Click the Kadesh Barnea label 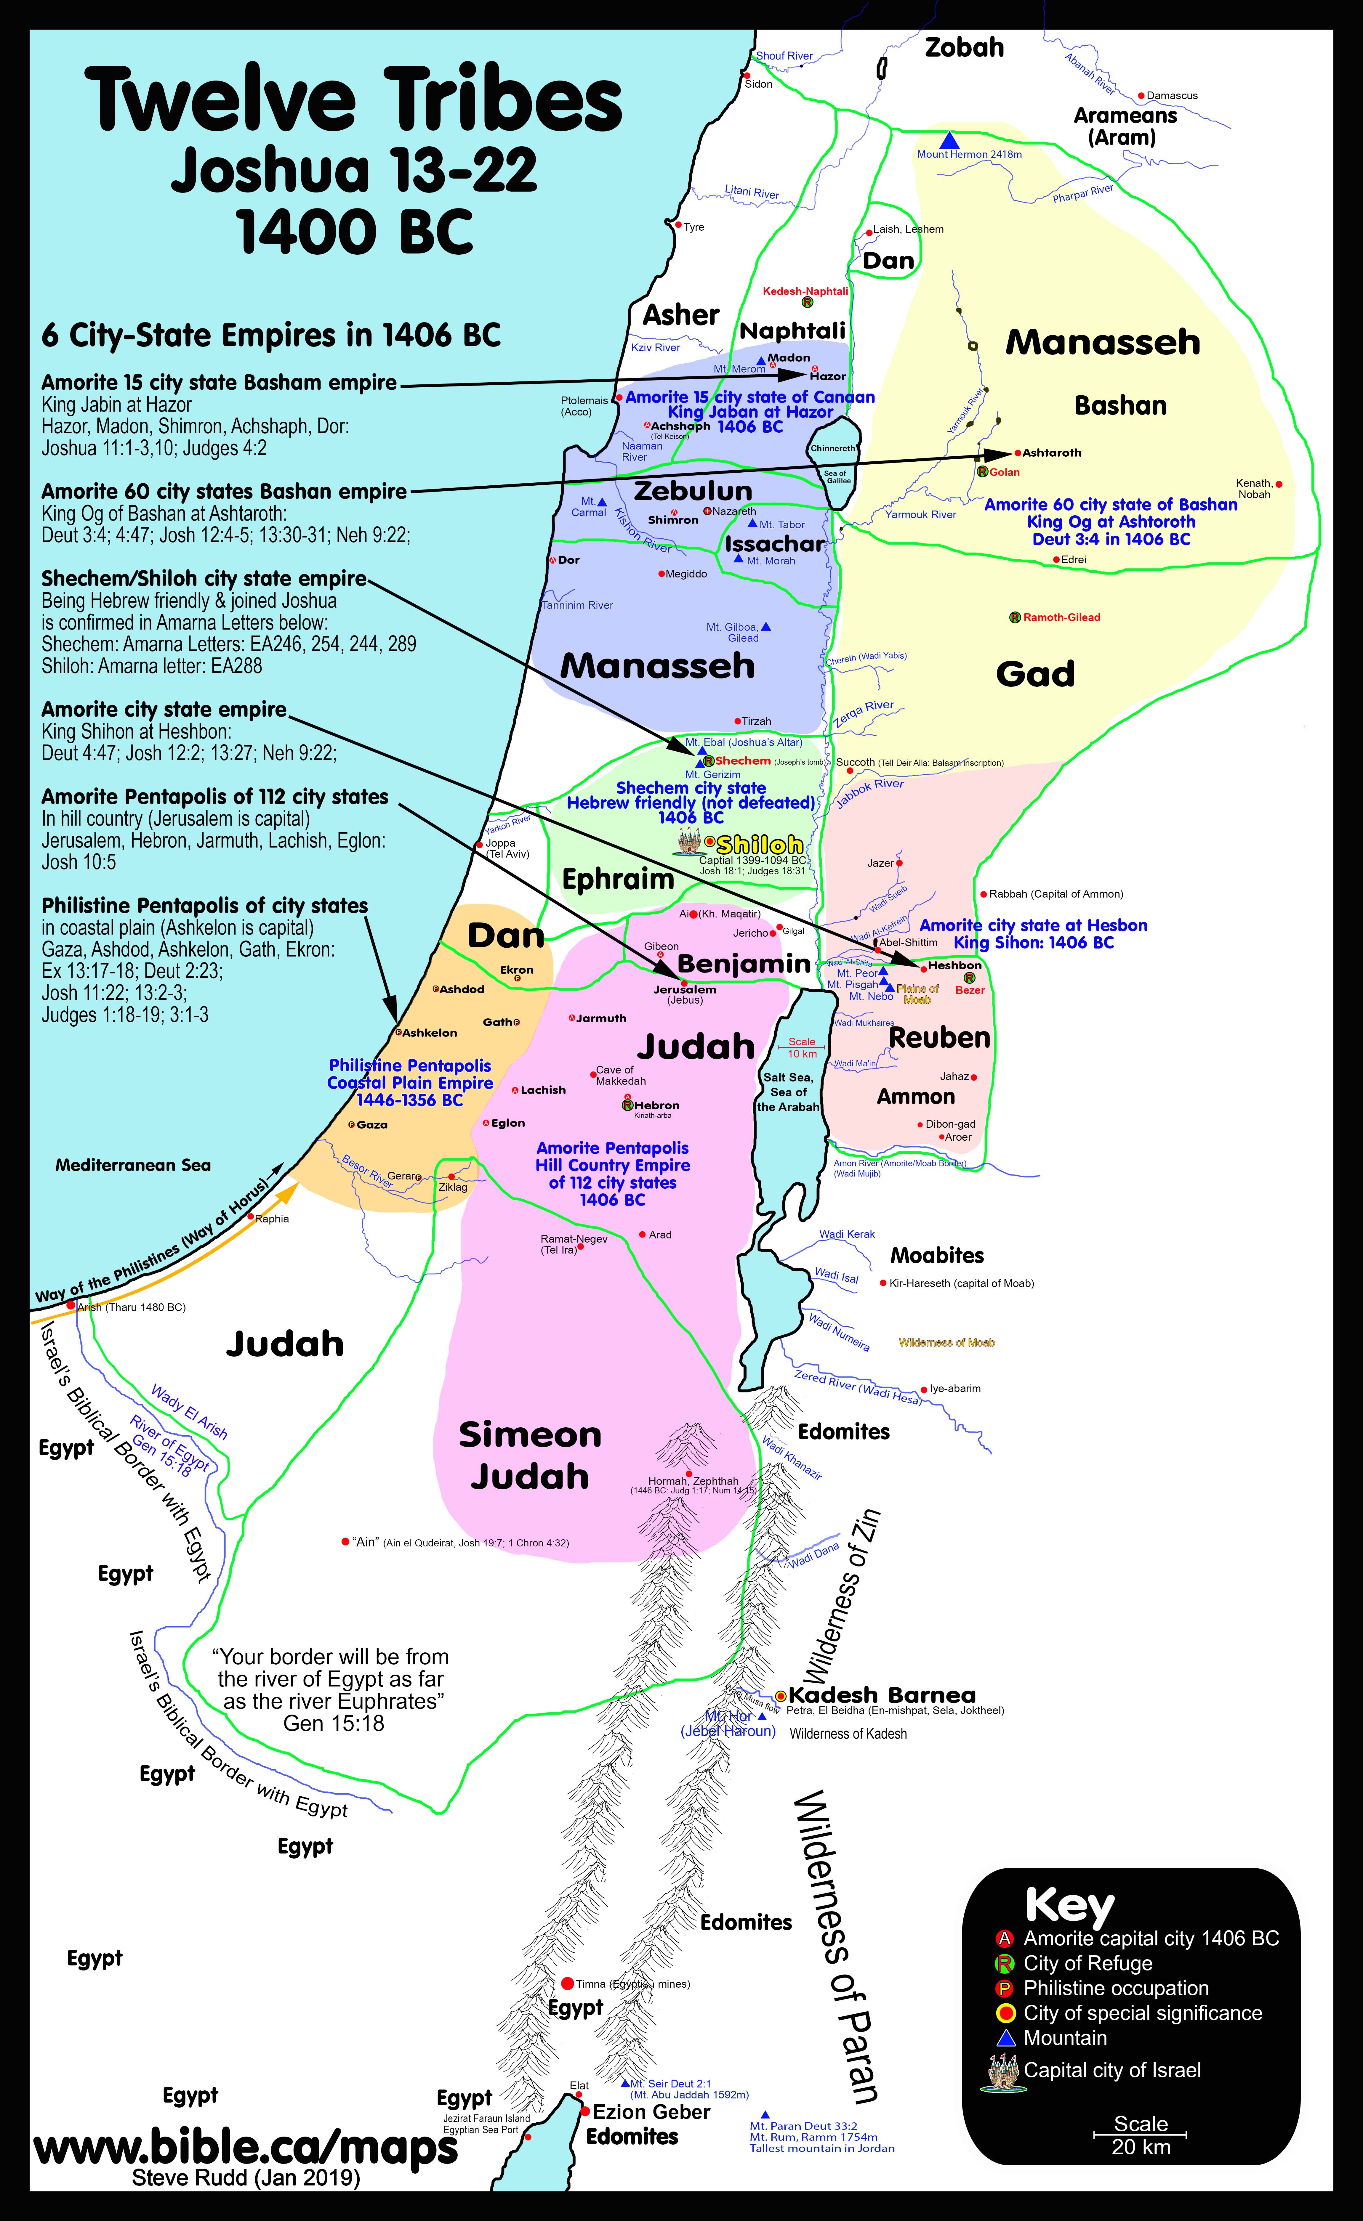pos(882,1694)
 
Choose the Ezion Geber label pos(651,2111)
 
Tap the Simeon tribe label pos(530,1434)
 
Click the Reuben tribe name pos(939,1037)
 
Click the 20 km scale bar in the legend pos(1140,2135)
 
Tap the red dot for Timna pos(567,1983)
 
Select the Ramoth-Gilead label pos(1061,617)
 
